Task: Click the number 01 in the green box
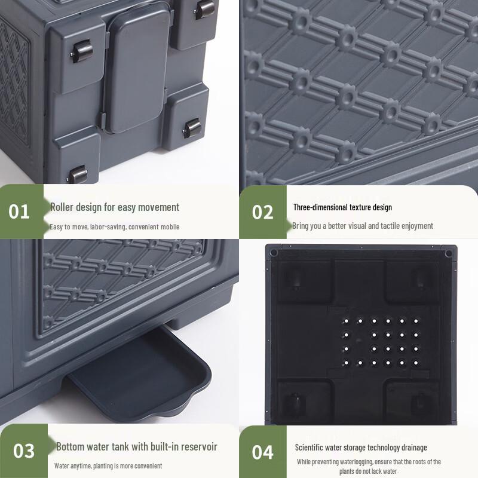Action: (19, 212)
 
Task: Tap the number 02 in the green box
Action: (262, 212)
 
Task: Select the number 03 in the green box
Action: (24, 451)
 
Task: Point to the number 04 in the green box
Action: (262, 452)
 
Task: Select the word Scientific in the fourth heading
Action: (309, 448)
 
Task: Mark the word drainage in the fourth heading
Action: (414, 448)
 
